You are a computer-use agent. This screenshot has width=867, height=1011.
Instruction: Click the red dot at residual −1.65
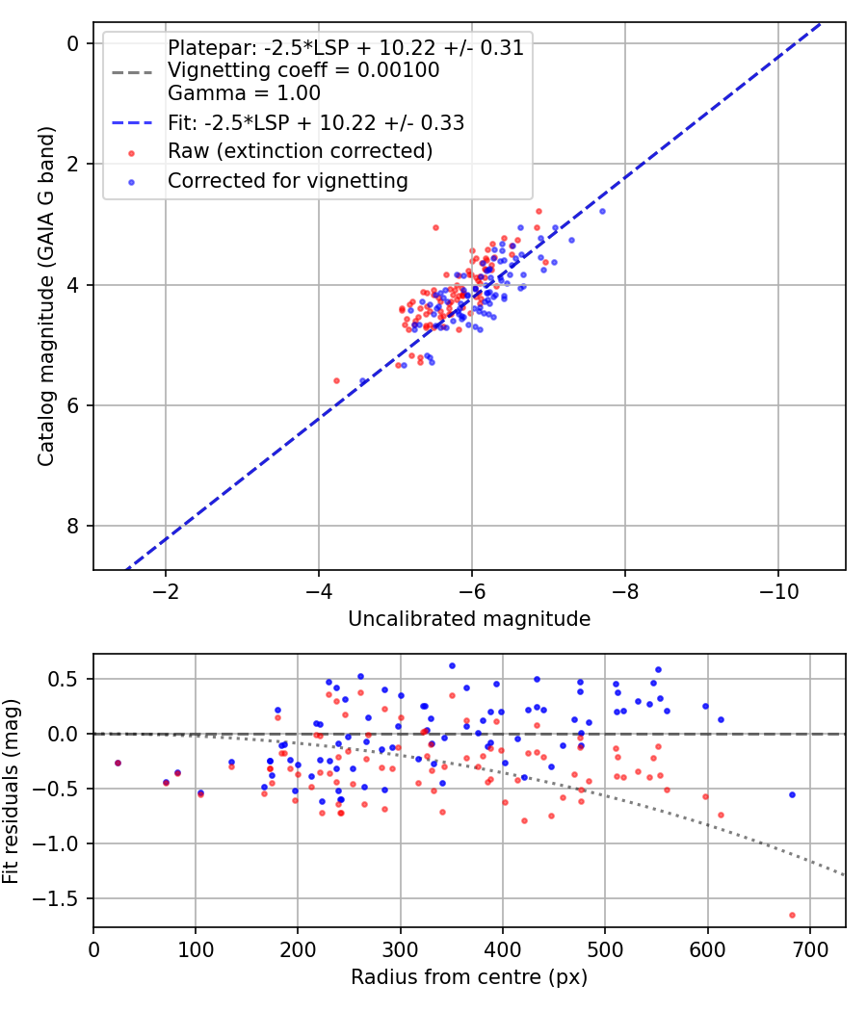tap(792, 915)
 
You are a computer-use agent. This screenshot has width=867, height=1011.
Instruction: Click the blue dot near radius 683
tap(792, 795)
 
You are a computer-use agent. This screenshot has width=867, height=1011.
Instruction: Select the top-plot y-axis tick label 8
tap(72, 526)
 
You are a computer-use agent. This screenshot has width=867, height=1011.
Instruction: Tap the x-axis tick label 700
tap(810, 949)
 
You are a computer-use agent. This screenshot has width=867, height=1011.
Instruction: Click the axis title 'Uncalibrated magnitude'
tap(469, 619)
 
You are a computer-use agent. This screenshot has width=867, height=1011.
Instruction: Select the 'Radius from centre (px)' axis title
tap(469, 977)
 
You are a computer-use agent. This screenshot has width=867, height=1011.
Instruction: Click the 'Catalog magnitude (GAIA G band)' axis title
tap(45, 297)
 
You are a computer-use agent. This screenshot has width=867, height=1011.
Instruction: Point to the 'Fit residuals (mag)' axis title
tap(11, 791)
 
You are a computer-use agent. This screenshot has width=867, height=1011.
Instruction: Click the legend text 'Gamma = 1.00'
tap(244, 93)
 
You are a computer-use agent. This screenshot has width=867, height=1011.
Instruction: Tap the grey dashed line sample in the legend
tap(132, 72)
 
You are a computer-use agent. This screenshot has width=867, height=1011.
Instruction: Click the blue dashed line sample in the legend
tap(132, 122)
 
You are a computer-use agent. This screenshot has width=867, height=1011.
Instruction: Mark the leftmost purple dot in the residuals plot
tap(118, 764)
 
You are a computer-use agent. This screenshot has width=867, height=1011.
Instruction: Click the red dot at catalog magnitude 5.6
tap(336, 381)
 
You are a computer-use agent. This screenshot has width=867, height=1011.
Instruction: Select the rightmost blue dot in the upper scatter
tap(602, 212)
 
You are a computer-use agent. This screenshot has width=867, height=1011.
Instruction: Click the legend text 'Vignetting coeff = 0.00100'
tap(303, 70)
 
